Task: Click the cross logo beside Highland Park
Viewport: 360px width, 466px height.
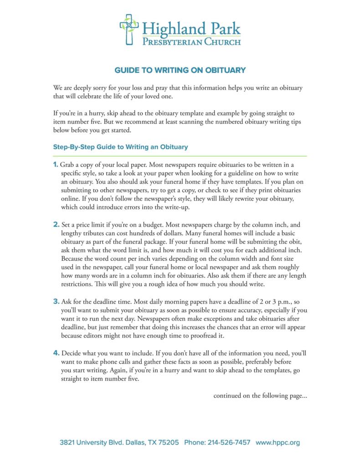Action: coord(129,30)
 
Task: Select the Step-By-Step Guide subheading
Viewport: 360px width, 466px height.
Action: coord(120,147)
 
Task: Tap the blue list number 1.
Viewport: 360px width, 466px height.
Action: coord(56,164)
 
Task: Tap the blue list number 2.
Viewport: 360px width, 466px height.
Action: coord(56,225)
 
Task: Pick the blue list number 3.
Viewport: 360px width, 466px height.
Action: coord(56,301)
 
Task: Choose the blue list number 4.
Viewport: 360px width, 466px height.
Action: coord(56,353)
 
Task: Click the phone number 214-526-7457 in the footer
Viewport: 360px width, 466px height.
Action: coord(229,442)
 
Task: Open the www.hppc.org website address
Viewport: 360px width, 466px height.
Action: coord(278,442)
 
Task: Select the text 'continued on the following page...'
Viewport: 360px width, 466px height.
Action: coord(260,396)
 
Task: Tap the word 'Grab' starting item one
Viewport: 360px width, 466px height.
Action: coord(68,164)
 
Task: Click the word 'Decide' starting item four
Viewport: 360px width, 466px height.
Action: coord(71,353)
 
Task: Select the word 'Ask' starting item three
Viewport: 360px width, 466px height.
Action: coord(66,301)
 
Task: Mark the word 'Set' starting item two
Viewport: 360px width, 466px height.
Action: coord(66,225)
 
